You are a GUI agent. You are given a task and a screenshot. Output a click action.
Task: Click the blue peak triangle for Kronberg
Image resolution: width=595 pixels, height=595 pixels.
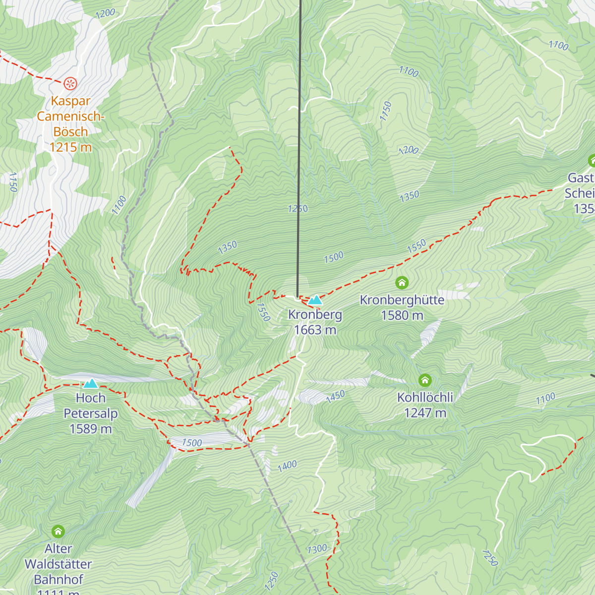315,300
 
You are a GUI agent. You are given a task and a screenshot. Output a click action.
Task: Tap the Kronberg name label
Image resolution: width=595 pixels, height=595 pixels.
315,315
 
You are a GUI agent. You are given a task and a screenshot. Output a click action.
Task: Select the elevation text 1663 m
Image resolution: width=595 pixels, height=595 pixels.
315,330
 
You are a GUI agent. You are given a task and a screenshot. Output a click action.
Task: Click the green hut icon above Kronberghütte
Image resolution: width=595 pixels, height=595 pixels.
402,283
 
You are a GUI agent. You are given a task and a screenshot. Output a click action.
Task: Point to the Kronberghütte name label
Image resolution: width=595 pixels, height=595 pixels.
402,300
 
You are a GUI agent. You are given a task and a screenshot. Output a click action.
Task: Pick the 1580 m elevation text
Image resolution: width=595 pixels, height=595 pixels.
402,315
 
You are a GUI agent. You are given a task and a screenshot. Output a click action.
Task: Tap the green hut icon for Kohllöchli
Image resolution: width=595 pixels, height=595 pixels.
425,380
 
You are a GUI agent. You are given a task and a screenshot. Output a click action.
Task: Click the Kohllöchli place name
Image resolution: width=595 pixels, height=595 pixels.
425,398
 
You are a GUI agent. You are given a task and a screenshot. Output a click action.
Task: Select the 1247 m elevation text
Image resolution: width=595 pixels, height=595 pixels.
425,413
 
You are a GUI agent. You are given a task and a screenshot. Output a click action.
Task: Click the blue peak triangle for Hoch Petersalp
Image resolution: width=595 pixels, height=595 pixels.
90,384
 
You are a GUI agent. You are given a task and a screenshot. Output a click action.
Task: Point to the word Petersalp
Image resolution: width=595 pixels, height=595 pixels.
91,414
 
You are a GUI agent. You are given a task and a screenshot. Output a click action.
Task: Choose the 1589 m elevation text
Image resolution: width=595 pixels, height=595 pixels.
91,429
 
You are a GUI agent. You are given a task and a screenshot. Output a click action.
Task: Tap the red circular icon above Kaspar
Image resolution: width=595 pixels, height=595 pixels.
70,83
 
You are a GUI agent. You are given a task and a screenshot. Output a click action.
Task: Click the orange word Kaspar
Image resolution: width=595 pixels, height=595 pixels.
70,101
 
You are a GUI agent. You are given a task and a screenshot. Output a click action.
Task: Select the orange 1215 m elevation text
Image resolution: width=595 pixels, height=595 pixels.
70,147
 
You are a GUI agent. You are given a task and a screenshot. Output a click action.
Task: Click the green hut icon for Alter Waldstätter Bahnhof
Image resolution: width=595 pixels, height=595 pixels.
58,532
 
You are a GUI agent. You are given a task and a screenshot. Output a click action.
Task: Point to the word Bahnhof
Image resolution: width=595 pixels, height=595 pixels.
58,580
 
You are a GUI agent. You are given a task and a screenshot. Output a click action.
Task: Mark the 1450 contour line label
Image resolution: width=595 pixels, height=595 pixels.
335,397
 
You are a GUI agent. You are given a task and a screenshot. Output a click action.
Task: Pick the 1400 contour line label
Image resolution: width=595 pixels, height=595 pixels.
287,466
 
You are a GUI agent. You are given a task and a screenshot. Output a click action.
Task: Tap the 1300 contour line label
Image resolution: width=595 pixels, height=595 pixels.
317,549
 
